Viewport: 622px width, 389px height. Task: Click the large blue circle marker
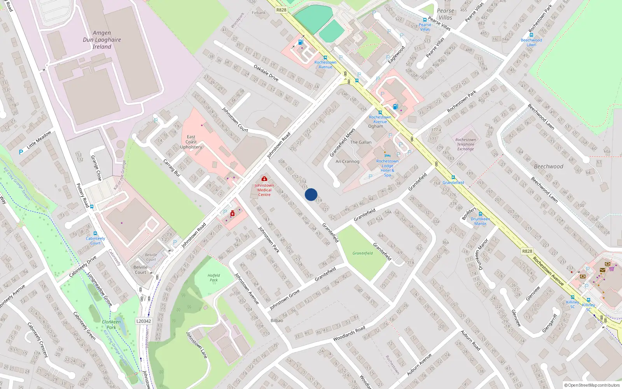pyautogui.click(x=311, y=194)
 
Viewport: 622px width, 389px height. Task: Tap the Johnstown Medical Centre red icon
pyautogui.click(x=264, y=179)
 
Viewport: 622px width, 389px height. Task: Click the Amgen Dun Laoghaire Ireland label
pyautogui.click(x=102, y=40)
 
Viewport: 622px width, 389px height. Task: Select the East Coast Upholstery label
pyautogui.click(x=191, y=142)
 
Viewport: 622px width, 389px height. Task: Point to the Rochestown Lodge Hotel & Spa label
pyautogui.click(x=387, y=168)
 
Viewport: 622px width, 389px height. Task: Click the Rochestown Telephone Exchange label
pyautogui.click(x=465, y=144)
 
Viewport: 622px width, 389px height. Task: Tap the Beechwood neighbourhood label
pyautogui.click(x=548, y=166)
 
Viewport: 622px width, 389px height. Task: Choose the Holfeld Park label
pyautogui.click(x=213, y=277)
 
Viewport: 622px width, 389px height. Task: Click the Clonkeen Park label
pyautogui.click(x=111, y=324)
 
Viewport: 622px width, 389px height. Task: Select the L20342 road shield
pyautogui.click(x=144, y=321)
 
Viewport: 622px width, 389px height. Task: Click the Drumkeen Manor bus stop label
pyautogui.click(x=480, y=221)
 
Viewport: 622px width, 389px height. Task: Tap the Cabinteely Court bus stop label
pyautogui.click(x=95, y=241)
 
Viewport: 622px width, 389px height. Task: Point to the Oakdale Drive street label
pyautogui.click(x=266, y=73)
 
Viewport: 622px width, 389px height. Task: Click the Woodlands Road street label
pyautogui.click(x=349, y=333)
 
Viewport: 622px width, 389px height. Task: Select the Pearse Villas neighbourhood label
pyautogui.click(x=445, y=14)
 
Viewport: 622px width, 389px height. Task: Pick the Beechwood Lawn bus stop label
pyautogui.click(x=531, y=42)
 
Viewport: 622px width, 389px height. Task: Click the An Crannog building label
pyautogui.click(x=347, y=161)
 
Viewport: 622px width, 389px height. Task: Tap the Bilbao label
pyautogui.click(x=277, y=321)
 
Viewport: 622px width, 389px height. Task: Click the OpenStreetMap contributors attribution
pyautogui.click(x=592, y=385)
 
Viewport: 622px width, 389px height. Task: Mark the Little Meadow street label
pyautogui.click(x=39, y=140)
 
